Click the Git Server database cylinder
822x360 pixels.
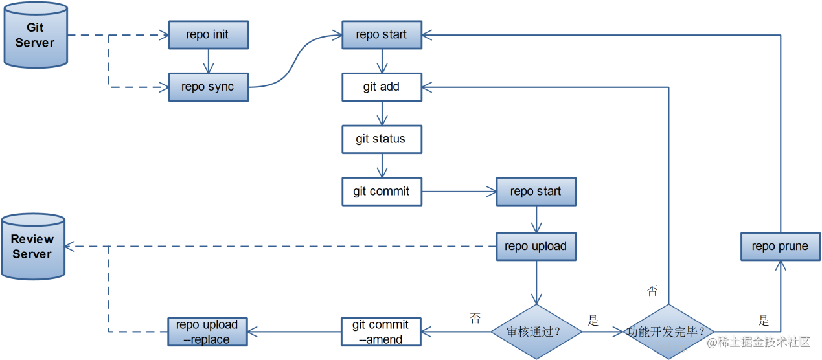[x=36, y=34]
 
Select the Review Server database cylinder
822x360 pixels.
[x=32, y=247]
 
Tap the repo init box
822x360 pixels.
[x=208, y=35]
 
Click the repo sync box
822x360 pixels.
[x=208, y=87]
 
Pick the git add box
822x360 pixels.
[x=382, y=87]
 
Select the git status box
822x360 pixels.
[x=382, y=139]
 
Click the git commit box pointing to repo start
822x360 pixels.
[x=382, y=192]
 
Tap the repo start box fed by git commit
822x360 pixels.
[x=536, y=192]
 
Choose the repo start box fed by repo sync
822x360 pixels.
[x=382, y=35]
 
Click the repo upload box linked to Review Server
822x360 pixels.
[x=536, y=246]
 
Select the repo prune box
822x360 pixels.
[x=780, y=246]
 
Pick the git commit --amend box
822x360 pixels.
[x=382, y=332]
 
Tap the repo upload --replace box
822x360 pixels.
[x=208, y=332]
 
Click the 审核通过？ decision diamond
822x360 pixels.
[x=536, y=332]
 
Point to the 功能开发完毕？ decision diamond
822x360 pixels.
[x=668, y=332]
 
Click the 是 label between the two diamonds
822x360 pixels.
[x=593, y=321]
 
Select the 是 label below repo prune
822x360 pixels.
[x=764, y=321]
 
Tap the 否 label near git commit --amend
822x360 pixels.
[x=475, y=318]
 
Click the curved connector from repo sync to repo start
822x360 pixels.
[x=295, y=62]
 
